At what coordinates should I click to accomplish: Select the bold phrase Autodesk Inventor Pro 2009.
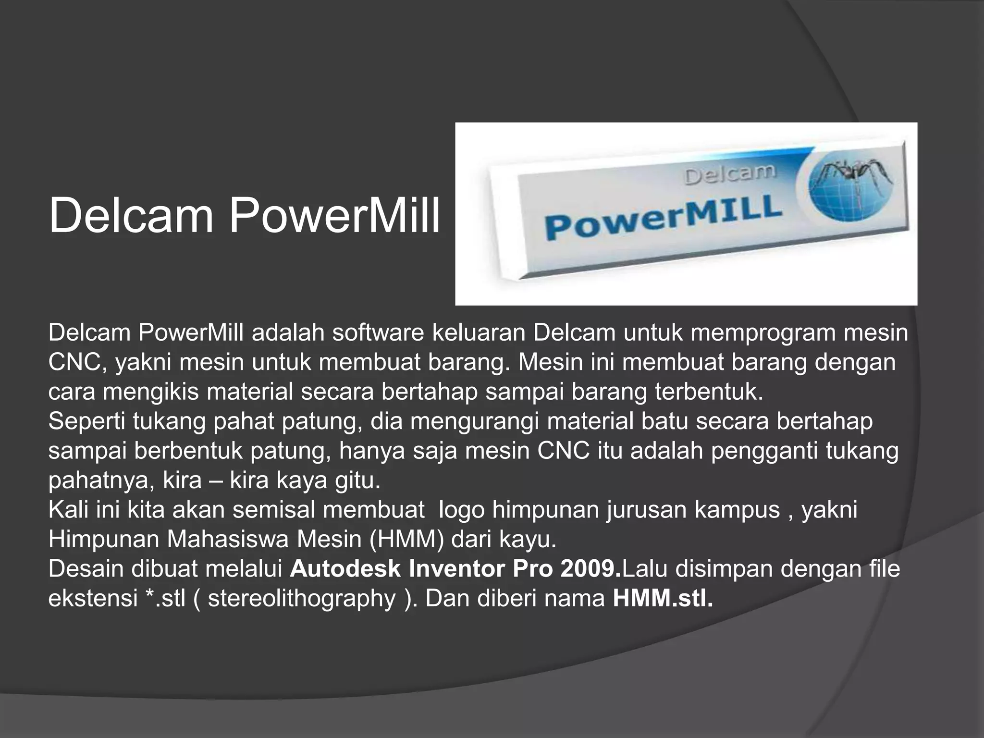coord(455,569)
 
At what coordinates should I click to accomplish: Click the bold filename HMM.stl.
coord(663,599)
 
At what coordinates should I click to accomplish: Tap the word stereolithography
coord(301,599)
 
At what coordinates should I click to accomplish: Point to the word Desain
coord(86,569)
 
